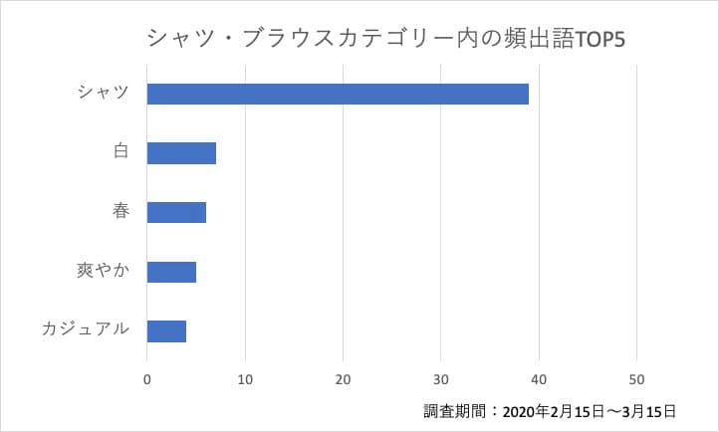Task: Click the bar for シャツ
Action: pyautogui.click(x=338, y=94)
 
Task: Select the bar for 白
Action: pyautogui.click(x=181, y=153)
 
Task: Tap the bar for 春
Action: pyautogui.click(x=176, y=212)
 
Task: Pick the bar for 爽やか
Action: pyautogui.click(x=171, y=271)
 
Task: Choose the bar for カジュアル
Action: pyautogui.click(x=166, y=330)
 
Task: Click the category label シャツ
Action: pyautogui.click(x=104, y=94)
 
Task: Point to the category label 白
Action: pyautogui.click(x=121, y=152)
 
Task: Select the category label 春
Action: pyautogui.click(x=121, y=212)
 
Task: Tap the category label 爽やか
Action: pyautogui.click(x=104, y=271)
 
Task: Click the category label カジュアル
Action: pyautogui.click(x=86, y=329)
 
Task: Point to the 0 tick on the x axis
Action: pyautogui.click(x=147, y=378)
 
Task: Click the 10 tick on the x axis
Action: pyautogui.click(x=245, y=378)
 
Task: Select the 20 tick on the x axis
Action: pyautogui.click(x=343, y=378)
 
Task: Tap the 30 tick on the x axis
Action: pyautogui.click(x=441, y=378)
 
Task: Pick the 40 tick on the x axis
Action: pyautogui.click(x=539, y=378)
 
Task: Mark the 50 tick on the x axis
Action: pyautogui.click(x=637, y=378)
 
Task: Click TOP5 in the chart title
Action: pyautogui.click(x=605, y=40)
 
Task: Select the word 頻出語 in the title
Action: pyautogui.click(x=542, y=40)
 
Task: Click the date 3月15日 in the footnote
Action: pyautogui.click(x=649, y=410)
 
